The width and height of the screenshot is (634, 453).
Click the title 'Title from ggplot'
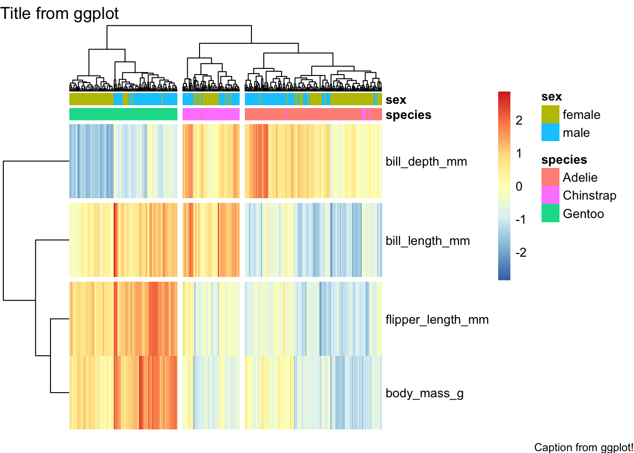59,13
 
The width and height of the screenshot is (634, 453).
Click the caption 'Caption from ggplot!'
584,447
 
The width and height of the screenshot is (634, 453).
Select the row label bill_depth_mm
426,161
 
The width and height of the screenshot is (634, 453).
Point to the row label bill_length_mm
427,241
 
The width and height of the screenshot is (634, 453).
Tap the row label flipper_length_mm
437,319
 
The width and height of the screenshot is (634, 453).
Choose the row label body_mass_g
425,393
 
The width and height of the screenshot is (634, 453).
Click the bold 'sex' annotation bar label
396,100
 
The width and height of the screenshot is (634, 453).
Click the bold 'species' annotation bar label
409,115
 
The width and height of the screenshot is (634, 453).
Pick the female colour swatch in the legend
551,115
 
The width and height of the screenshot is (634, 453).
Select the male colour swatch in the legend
551,133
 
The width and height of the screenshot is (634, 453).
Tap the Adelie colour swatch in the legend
551,177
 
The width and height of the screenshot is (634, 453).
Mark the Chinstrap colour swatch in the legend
551,195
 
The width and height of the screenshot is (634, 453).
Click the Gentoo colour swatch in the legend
551,213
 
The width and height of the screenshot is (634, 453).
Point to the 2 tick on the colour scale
519,120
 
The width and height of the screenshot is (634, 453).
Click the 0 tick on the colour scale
519,186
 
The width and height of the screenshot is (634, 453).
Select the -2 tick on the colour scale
520,252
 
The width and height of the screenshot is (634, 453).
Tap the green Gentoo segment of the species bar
123,114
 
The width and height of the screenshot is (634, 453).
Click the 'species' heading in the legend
564,159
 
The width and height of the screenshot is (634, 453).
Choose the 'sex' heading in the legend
551,96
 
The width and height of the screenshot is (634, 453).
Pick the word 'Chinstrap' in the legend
590,195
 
